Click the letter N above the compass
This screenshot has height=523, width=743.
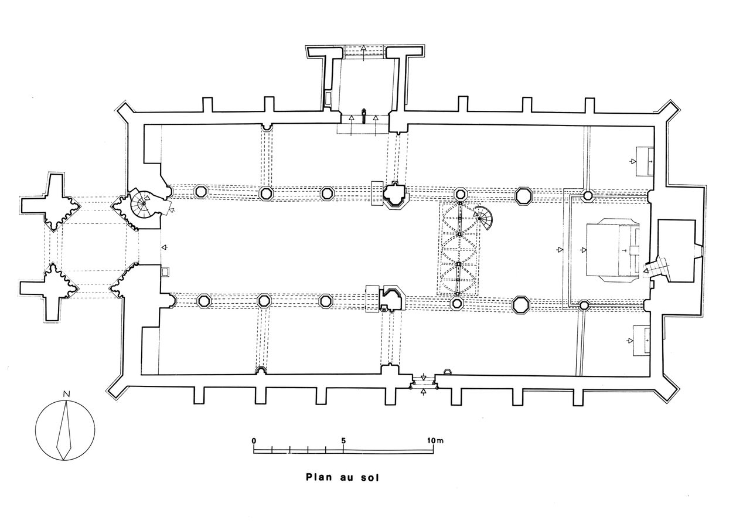pyautogui.click(x=67, y=393)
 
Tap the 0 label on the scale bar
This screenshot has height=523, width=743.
pyautogui.click(x=254, y=440)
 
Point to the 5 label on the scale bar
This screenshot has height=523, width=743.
pyautogui.click(x=343, y=440)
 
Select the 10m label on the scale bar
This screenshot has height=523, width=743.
pyautogui.click(x=435, y=440)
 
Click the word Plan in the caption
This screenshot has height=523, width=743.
pyautogui.click(x=318, y=477)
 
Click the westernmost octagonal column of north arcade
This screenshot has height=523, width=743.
pyautogui.click(x=200, y=191)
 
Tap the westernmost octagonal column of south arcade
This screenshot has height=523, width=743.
pyautogui.click(x=203, y=301)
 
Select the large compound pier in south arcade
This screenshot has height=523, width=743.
pyautogui.click(x=390, y=298)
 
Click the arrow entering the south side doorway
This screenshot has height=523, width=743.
pyautogui.click(x=424, y=390)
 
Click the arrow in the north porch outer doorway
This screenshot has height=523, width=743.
pyautogui.click(x=363, y=49)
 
